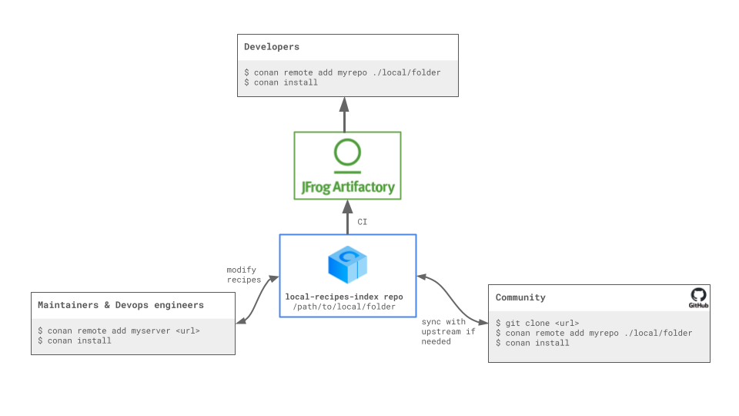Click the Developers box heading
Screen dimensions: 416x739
click(272, 47)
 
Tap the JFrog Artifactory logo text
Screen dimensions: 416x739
click(347, 186)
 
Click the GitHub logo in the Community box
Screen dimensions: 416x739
click(698, 297)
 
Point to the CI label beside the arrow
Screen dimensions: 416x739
click(363, 222)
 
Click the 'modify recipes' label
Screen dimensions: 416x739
click(243, 275)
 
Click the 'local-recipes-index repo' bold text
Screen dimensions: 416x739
click(344, 297)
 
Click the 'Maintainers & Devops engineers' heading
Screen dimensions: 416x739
click(121, 305)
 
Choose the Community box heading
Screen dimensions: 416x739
click(520, 297)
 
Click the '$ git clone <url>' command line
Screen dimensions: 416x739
click(537, 323)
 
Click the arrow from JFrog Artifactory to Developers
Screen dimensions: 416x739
click(344, 115)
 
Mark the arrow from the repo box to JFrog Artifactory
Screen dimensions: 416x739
click(347, 216)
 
